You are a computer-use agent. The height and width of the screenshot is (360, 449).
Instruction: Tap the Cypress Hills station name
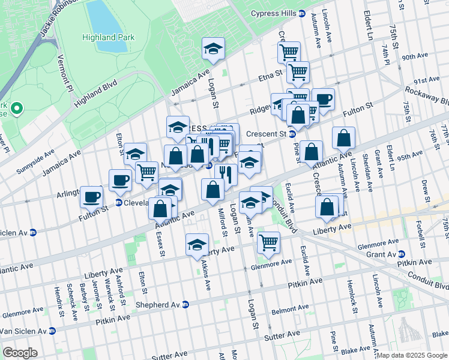tap(273, 13)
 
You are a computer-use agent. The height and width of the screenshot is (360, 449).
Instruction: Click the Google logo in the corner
tap(20, 353)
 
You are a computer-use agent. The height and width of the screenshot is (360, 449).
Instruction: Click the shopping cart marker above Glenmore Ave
tap(268, 242)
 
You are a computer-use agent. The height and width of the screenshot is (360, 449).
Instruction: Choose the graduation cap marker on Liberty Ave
tap(196, 245)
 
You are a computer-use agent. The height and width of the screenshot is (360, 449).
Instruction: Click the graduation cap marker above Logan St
tap(213, 49)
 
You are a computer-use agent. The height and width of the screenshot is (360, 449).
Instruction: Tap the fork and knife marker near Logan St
tap(226, 175)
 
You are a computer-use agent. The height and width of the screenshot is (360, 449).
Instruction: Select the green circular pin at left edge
tap(16, 109)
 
